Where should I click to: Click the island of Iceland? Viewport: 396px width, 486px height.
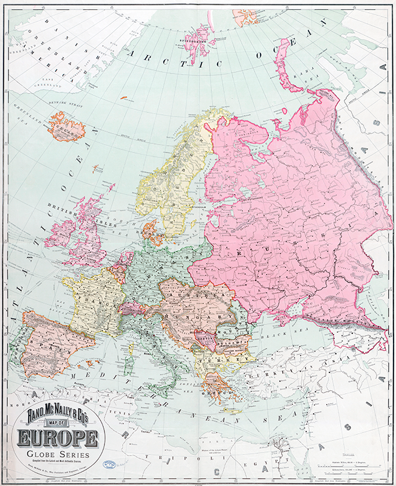tap(66, 126)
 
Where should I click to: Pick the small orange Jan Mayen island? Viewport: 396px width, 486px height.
tap(124, 97)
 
